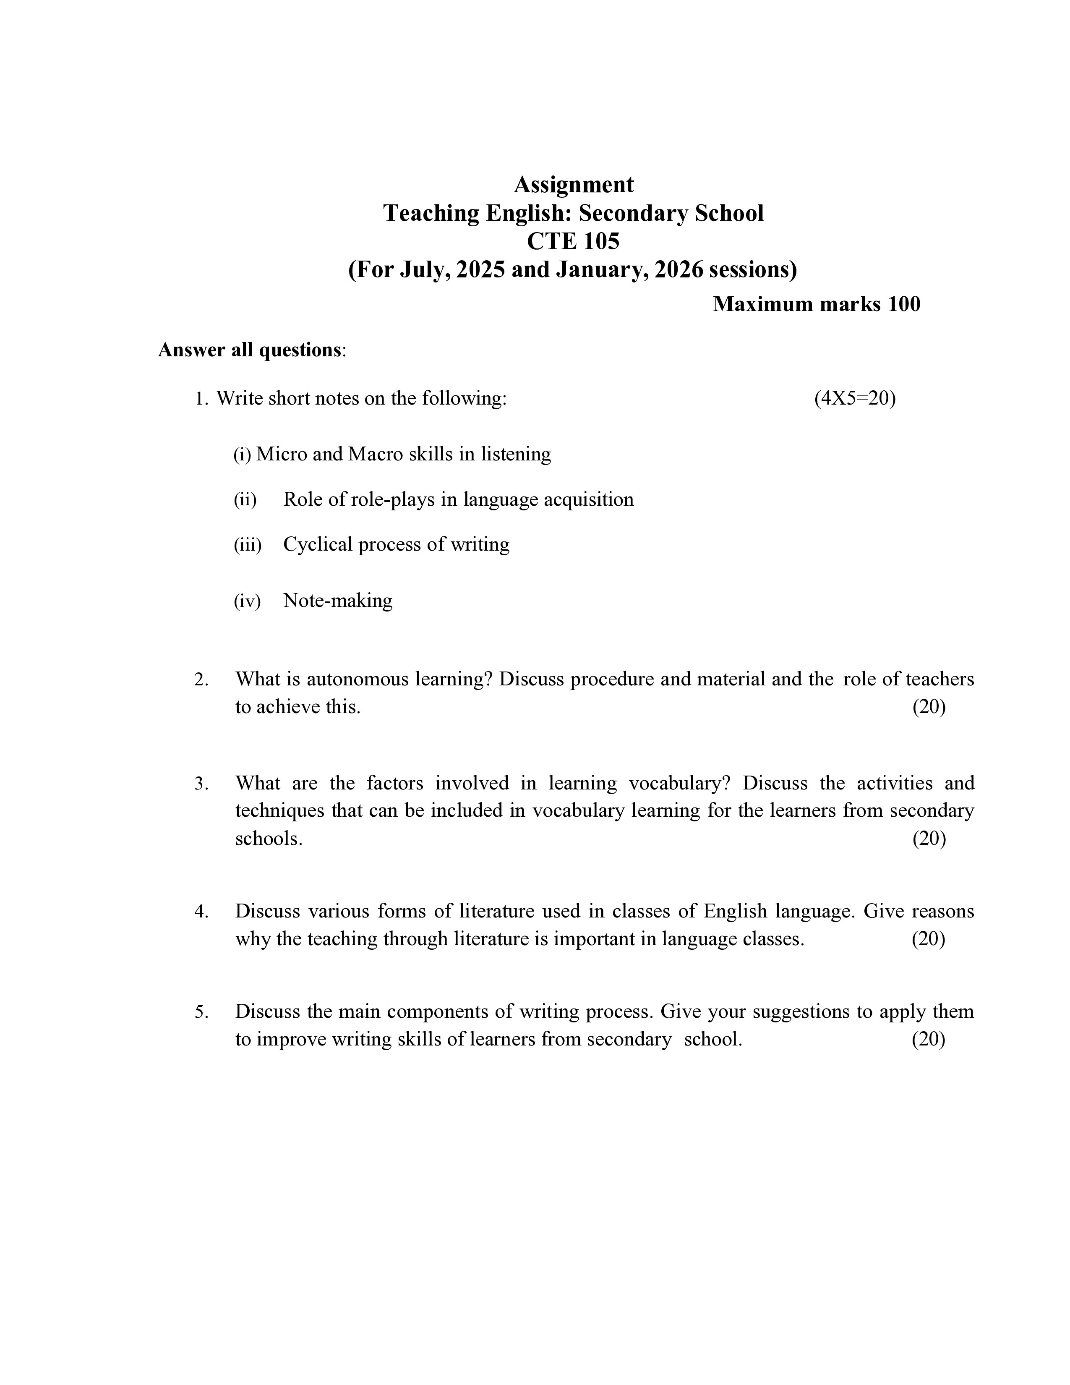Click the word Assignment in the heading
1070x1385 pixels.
[573, 185]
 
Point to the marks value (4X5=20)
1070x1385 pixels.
[854, 398]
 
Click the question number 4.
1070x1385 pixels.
[201, 911]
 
